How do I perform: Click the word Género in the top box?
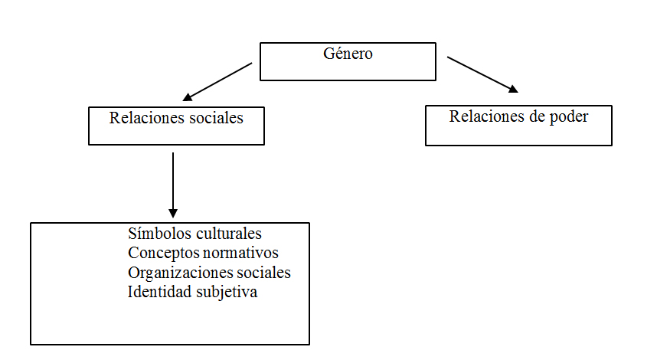[x=348, y=54]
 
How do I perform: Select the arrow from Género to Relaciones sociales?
[x=217, y=82]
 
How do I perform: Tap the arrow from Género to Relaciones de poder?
[x=482, y=74]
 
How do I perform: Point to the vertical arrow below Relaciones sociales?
[x=173, y=184]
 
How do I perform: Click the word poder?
[x=569, y=117]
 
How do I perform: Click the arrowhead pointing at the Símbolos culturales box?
[x=173, y=213]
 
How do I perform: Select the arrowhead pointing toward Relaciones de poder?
[x=511, y=89]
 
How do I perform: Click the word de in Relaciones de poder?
[x=533, y=117]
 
